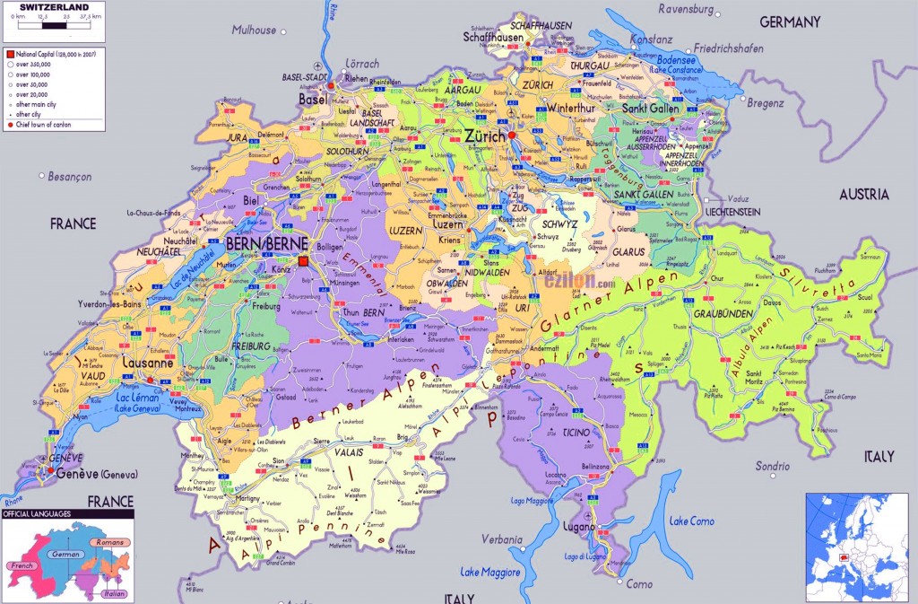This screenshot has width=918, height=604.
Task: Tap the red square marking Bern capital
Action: pyautogui.click(x=304, y=261)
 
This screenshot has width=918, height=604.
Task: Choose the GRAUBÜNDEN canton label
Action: pyautogui.click(x=723, y=314)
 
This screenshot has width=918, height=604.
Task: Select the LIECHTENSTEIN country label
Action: pyautogui.click(x=719, y=211)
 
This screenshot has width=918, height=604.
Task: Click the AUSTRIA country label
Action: pyautogui.click(x=863, y=194)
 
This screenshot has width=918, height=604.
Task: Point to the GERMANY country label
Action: pyautogui.click(x=790, y=22)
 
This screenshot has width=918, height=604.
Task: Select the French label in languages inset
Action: pyautogui.click(x=21, y=566)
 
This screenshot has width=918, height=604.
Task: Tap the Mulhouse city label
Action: pyautogui.click(x=254, y=30)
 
